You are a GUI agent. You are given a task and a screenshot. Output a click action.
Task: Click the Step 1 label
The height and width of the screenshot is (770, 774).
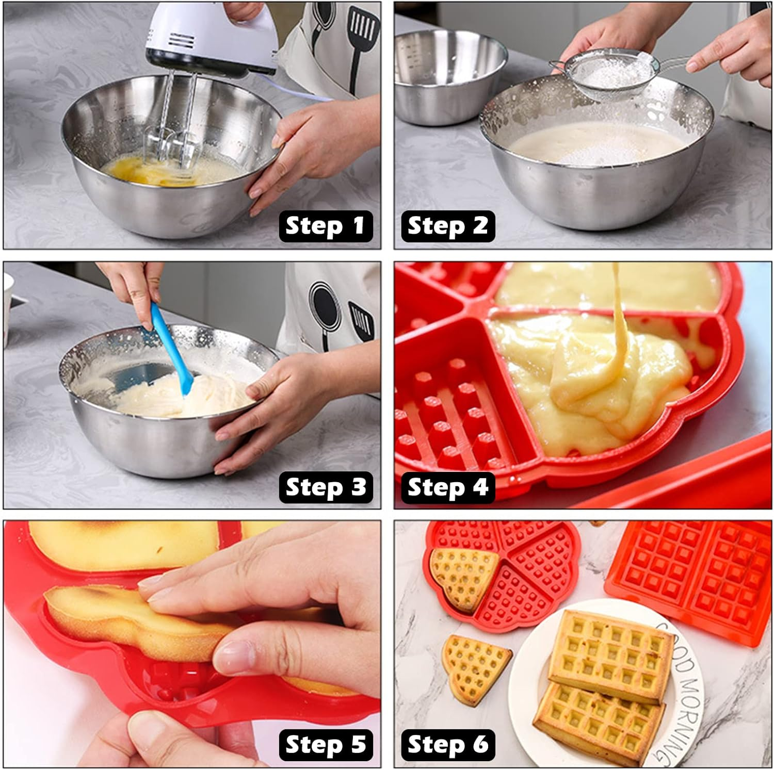[326, 226]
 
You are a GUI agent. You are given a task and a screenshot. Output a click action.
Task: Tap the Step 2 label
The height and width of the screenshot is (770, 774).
[447, 226]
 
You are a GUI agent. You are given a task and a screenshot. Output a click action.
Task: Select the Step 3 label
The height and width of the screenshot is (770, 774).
[326, 487]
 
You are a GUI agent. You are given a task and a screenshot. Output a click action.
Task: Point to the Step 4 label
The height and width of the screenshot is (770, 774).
[447, 487]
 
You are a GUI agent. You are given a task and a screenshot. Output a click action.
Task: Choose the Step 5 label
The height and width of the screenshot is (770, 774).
[326, 744]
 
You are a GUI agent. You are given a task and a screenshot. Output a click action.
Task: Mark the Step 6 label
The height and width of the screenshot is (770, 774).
[447, 744]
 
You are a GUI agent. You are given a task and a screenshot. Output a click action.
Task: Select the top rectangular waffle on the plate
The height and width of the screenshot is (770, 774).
[609, 652]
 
